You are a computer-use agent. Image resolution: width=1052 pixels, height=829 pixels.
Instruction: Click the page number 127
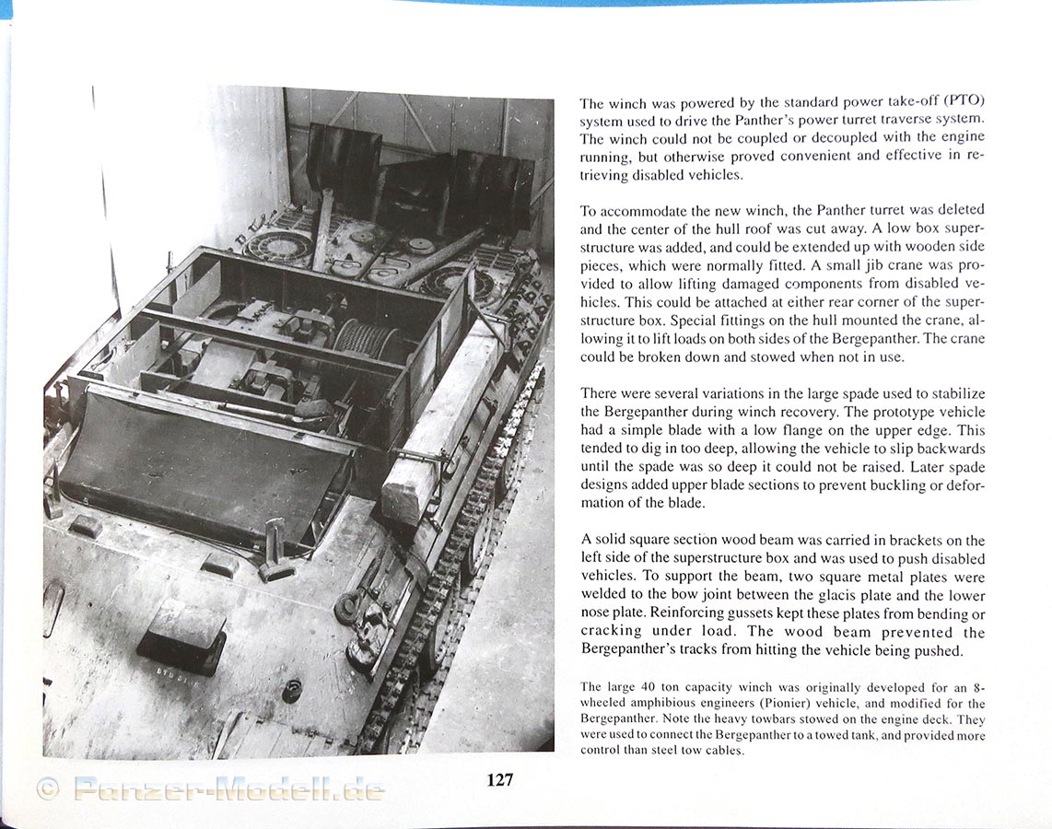click(499, 780)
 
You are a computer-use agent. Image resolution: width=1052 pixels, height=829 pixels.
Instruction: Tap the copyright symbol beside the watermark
click(47, 789)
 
